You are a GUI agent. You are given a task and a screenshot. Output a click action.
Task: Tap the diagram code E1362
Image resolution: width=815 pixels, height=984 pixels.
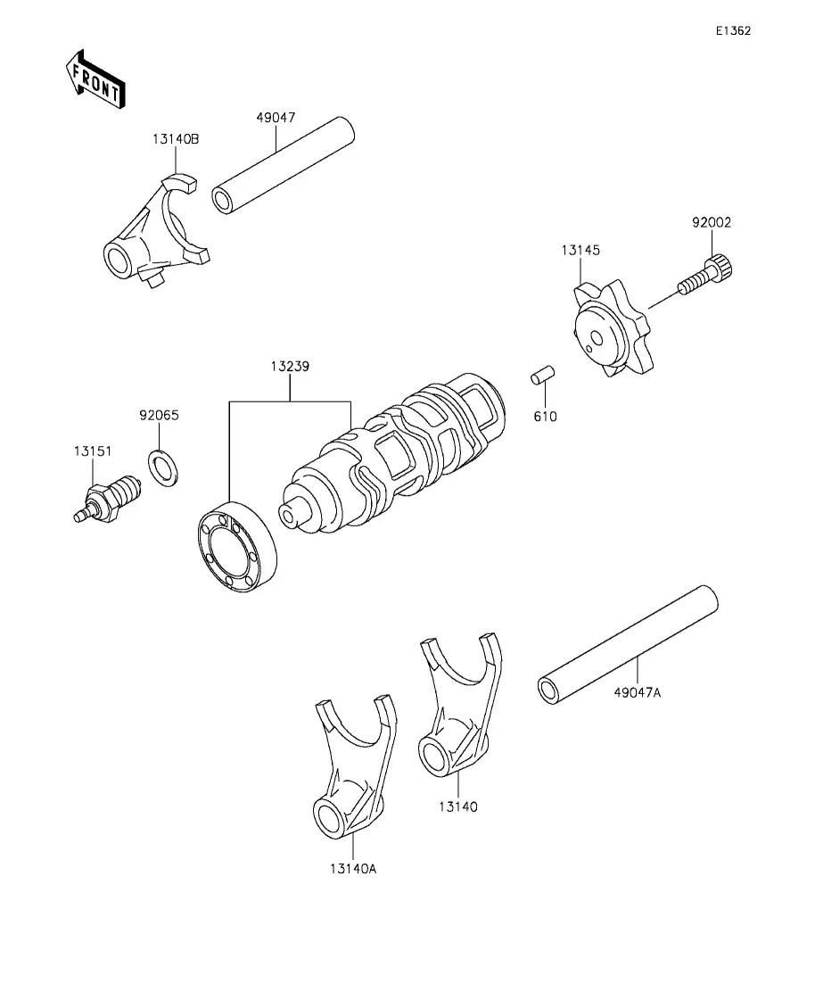pyautogui.click(x=734, y=30)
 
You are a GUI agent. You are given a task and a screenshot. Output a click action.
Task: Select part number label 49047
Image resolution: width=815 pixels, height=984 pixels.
pyautogui.click(x=276, y=118)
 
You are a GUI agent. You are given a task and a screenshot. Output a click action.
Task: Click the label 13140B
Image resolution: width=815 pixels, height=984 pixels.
pyautogui.click(x=176, y=138)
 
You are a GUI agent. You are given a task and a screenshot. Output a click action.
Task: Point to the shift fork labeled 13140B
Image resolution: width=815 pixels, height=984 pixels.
pyautogui.click(x=155, y=231)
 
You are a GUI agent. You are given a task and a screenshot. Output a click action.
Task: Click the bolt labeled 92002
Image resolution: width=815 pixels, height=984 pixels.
pyautogui.click(x=706, y=275)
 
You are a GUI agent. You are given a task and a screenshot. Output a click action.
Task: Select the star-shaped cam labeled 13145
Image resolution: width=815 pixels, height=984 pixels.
pyautogui.click(x=611, y=328)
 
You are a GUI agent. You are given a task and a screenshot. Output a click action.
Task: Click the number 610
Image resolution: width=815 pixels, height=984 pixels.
pyautogui.click(x=545, y=416)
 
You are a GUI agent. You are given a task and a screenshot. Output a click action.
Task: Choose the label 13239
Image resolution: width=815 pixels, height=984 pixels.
pyautogui.click(x=290, y=366)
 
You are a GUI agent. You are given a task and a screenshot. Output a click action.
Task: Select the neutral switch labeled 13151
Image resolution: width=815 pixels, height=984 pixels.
pyautogui.click(x=108, y=497)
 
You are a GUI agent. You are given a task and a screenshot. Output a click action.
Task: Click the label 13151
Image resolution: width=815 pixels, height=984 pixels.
pyautogui.click(x=93, y=451)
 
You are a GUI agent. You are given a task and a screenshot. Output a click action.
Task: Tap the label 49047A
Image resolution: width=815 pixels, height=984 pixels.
pyautogui.click(x=637, y=692)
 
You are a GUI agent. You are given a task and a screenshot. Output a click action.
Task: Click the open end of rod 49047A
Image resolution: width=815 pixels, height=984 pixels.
pyautogui.click(x=549, y=690)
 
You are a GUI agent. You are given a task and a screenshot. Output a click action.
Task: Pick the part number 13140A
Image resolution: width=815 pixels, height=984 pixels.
pyautogui.click(x=352, y=869)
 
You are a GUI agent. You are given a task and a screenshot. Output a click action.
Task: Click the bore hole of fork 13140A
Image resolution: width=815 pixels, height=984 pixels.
pyautogui.click(x=330, y=817)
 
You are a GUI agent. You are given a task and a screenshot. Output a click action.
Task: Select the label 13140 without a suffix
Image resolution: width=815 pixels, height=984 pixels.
pyautogui.click(x=458, y=806)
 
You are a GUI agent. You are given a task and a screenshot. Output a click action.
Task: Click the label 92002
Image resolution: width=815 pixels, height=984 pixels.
pyautogui.click(x=712, y=222)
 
